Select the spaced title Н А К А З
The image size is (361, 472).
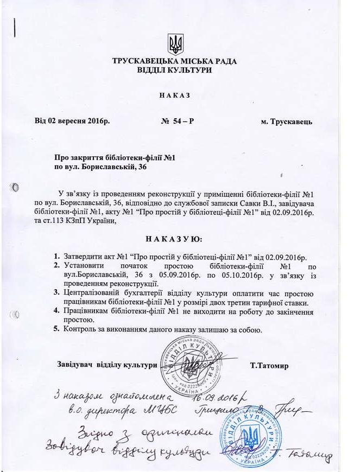click(175, 95)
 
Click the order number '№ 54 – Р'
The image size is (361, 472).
click(178, 121)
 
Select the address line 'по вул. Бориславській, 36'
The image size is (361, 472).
click(101, 167)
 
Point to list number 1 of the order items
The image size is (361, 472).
click(56, 256)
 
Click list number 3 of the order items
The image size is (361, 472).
click(56, 293)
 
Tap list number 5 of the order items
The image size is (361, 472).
click(56, 329)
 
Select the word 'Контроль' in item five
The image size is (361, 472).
click(81, 329)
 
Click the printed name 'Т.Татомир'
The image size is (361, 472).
click(270, 365)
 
